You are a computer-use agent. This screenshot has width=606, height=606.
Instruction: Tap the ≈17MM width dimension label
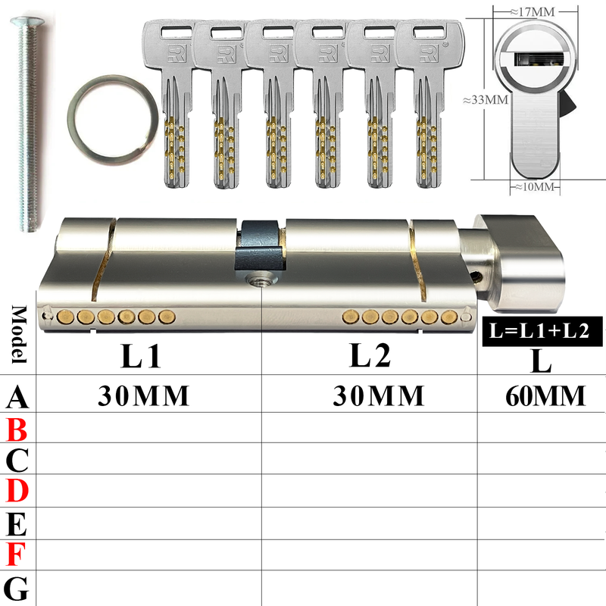[x=533, y=12]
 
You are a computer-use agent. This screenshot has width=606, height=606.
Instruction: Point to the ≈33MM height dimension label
[x=486, y=100]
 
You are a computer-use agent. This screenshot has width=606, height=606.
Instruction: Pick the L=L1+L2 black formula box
[x=542, y=331]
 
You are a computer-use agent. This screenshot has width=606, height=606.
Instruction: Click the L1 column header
[x=141, y=356]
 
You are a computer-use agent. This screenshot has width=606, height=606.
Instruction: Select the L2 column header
[x=370, y=355]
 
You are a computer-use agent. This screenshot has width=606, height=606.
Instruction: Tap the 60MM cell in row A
[x=545, y=396]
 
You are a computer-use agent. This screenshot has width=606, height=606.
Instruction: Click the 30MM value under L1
[x=143, y=395]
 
